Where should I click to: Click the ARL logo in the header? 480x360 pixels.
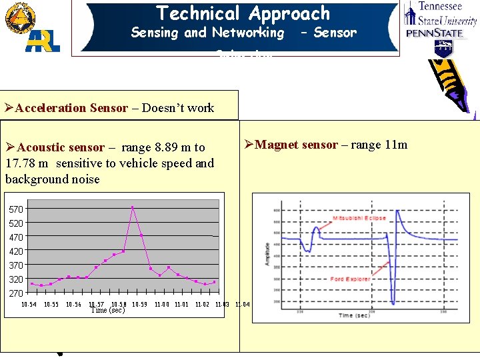click(x=43, y=40)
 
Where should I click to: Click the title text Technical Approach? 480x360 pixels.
click(x=243, y=13)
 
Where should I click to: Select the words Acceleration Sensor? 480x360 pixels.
click(x=71, y=108)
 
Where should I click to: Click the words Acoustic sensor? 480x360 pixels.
click(x=61, y=147)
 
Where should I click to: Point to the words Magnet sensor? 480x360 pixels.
click(x=297, y=145)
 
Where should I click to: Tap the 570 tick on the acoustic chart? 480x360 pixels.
click(x=15, y=209)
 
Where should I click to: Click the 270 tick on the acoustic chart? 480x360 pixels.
click(x=15, y=293)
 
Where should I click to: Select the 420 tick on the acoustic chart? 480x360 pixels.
click(x=15, y=251)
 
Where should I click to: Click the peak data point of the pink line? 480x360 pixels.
click(x=133, y=207)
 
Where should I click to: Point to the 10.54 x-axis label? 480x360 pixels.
click(x=29, y=305)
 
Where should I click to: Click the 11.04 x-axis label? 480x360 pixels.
click(x=243, y=305)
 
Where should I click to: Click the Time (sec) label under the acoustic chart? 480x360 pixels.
click(x=107, y=311)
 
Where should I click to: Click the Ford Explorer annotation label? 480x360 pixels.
click(x=350, y=279)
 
